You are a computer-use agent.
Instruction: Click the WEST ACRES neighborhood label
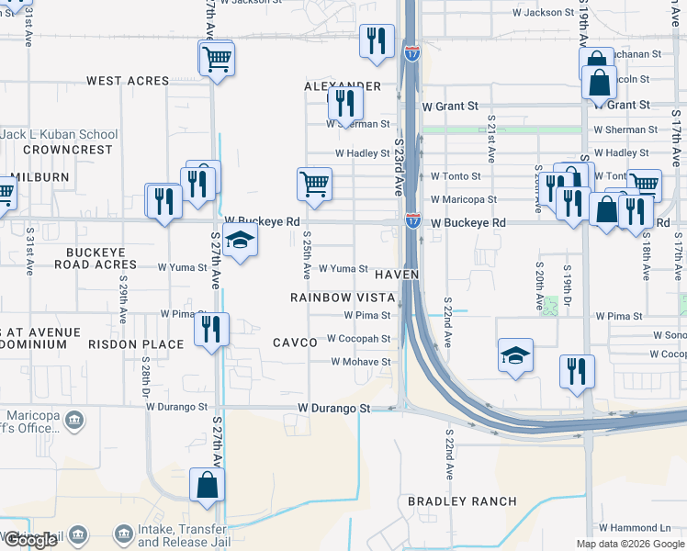click(128, 81)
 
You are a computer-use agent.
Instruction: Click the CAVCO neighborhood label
click(295, 343)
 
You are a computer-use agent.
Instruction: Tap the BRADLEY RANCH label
click(462, 502)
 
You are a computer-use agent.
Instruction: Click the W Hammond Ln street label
click(635, 528)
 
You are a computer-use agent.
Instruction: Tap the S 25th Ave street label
click(306, 255)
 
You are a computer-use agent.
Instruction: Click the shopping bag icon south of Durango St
click(207, 484)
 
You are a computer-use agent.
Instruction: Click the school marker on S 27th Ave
click(241, 241)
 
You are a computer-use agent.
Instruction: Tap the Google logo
click(29, 540)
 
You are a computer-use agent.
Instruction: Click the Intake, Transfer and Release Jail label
click(182, 536)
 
